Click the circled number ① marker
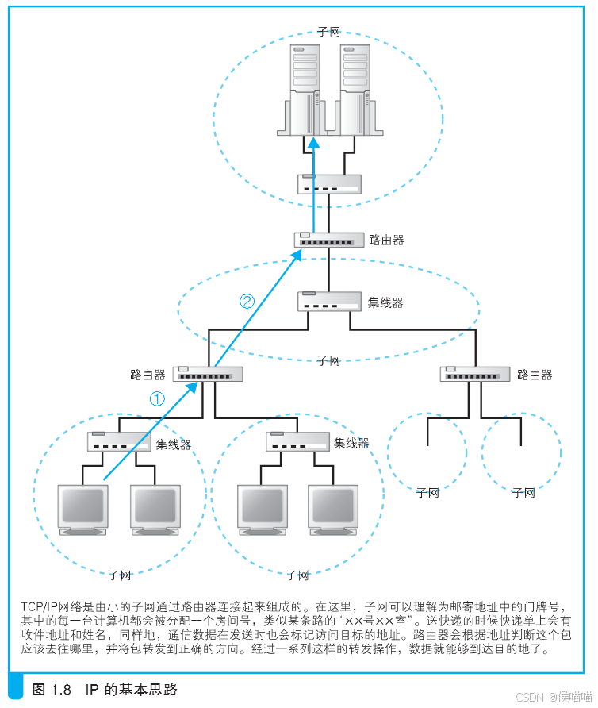point(158,399)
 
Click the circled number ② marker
point(247,301)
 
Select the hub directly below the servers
point(329,184)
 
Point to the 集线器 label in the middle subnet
point(385,302)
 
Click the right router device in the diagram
point(474,374)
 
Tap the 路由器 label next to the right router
point(535,375)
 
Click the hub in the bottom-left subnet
point(119,441)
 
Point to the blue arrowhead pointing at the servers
point(315,144)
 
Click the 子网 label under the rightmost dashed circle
point(523,493)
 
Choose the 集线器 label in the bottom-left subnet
point(173,444)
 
